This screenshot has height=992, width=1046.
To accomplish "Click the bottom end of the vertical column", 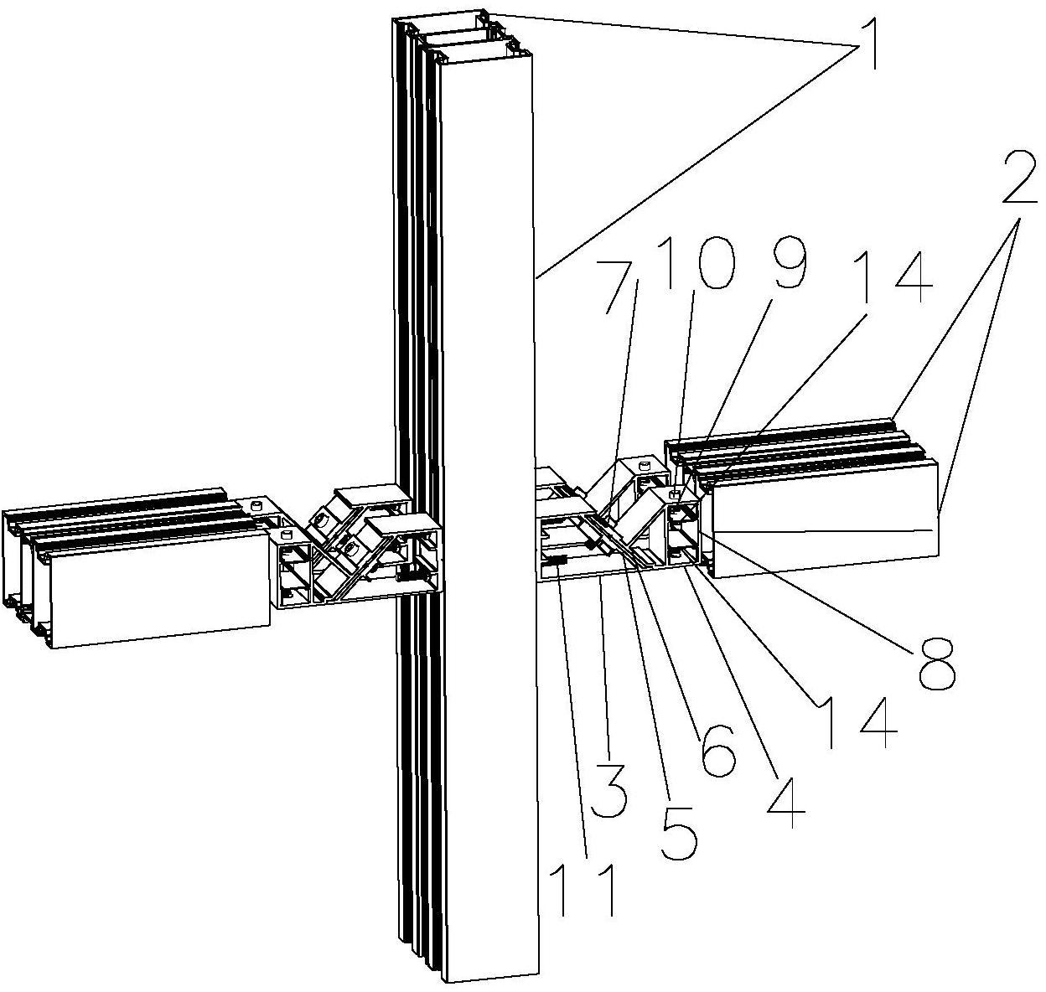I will (x=490, y=972).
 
